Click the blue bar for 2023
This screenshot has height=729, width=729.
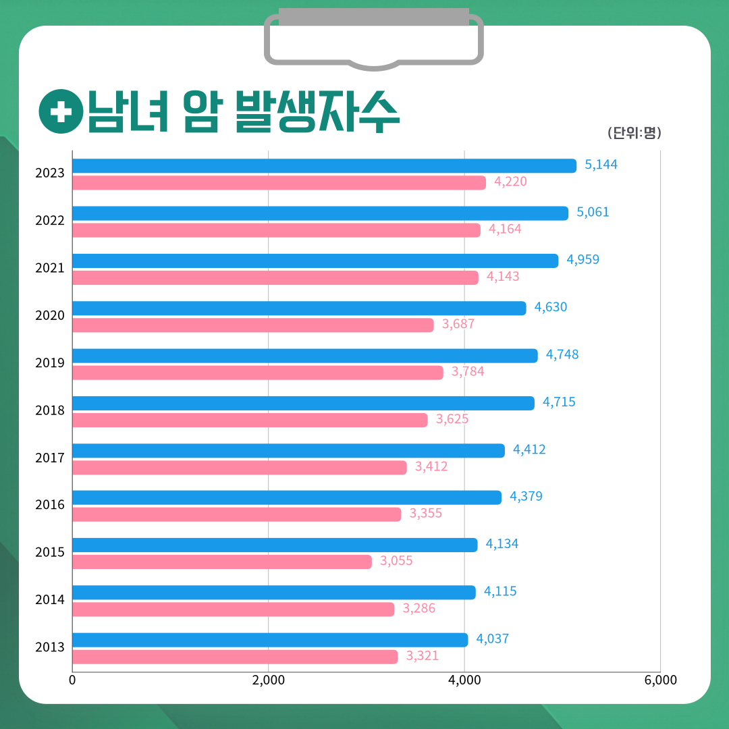tap(324, 165)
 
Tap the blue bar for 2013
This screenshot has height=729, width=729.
tap(270, 639)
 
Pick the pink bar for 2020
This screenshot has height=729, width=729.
tap(252, 325)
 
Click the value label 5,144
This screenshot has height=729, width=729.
tap(601, 165)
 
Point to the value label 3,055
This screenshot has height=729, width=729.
tap(396, 561)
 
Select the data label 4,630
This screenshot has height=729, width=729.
tap(551, 307)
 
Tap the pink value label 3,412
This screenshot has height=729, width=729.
tap(431, 466)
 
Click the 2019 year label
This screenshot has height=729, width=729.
tap(50, 363)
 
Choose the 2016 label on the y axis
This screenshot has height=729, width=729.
tap(50, 505)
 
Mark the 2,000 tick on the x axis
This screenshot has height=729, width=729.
tap(268, 680)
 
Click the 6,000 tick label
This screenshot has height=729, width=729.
tap(660, 680)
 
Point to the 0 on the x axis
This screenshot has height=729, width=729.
tap(72, 680)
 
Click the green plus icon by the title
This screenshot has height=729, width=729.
tap(61, 112)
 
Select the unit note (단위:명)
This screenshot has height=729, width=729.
tap(634, 133)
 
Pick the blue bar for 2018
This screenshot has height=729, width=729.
tap(303, 403)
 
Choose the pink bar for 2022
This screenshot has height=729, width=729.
tap(276, 230)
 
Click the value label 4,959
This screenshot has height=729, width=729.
tap(583, 260)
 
